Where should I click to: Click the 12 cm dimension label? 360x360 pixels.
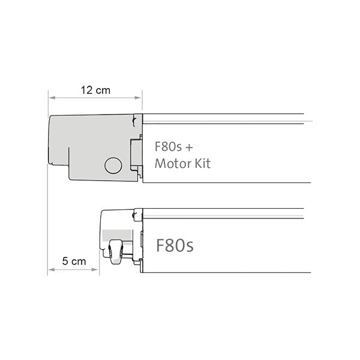pyautogui.click(x=95, y=90)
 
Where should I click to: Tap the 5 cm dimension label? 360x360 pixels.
pyautogui.click(x=74, y=262)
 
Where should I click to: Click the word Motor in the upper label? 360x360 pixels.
pyautogui.click(x=171, y=163)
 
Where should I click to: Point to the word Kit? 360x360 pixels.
pyautogui.click(x=201, y=163)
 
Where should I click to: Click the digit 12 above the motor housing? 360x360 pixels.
pyautogui.click(x=86, y=90)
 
